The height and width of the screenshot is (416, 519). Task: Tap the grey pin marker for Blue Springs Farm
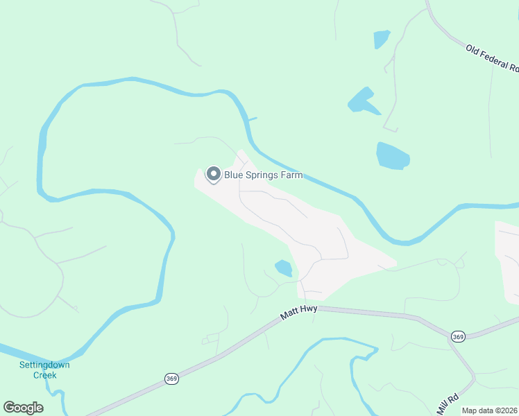click(214, 174)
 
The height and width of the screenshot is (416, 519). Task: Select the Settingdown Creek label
click(44, 370)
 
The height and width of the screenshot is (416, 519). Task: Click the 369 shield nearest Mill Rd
click(457, 336)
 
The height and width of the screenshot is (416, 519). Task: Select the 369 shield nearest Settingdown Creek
click(172, 379)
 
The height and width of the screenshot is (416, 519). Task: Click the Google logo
click(24, 407)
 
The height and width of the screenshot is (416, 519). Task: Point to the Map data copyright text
click(490, 410)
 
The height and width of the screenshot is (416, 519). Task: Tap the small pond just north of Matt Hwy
click(283, 268)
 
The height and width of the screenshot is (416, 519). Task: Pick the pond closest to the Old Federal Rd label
click(382, 39)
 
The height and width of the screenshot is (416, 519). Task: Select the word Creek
click(44, 375)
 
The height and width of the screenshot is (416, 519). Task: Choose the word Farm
click(291, 175)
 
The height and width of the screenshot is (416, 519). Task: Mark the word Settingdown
click(44, 365)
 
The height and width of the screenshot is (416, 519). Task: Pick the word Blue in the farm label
click(233, 175)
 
